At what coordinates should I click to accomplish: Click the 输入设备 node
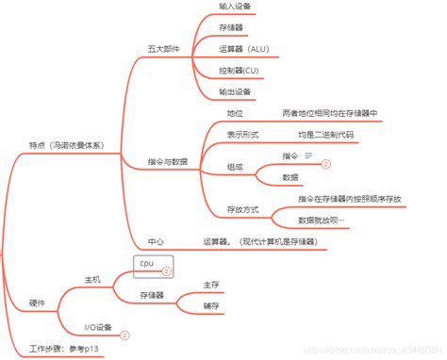pos(235,6)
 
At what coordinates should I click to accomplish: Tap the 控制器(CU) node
pos(238,71)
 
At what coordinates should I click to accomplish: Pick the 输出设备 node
pos(235,91)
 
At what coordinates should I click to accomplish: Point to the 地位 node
pos(235,113)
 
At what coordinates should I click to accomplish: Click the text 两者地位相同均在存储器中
pos(330,113)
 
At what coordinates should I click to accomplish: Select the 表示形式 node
pos(243,135)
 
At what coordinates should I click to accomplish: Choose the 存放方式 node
pos(243,209)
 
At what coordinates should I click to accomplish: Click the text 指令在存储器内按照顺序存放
pos(349,199)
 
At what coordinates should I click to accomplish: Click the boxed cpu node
pos(147,263)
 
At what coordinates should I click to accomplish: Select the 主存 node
pos(211,284)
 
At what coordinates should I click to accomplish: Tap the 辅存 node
pos(211,306)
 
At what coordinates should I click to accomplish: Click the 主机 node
pos(93,279)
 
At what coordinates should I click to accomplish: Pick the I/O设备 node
pos(98,327)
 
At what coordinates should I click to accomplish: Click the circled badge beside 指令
pos(326,163)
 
